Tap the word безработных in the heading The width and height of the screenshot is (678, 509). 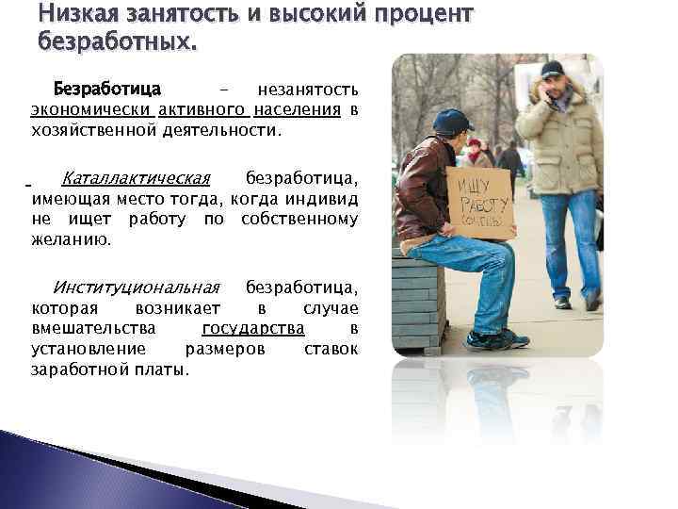coord(115,42)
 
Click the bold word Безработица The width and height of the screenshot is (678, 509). coord(107,90)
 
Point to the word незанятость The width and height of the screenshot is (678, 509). coord(308,90)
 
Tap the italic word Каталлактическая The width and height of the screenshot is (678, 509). coord(136,179)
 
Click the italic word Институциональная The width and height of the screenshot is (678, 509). coord(137,287)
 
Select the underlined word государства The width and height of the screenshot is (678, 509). coord(253,328)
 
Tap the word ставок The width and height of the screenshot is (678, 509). coord(331,348)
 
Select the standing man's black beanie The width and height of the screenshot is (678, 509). coord(552,69)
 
